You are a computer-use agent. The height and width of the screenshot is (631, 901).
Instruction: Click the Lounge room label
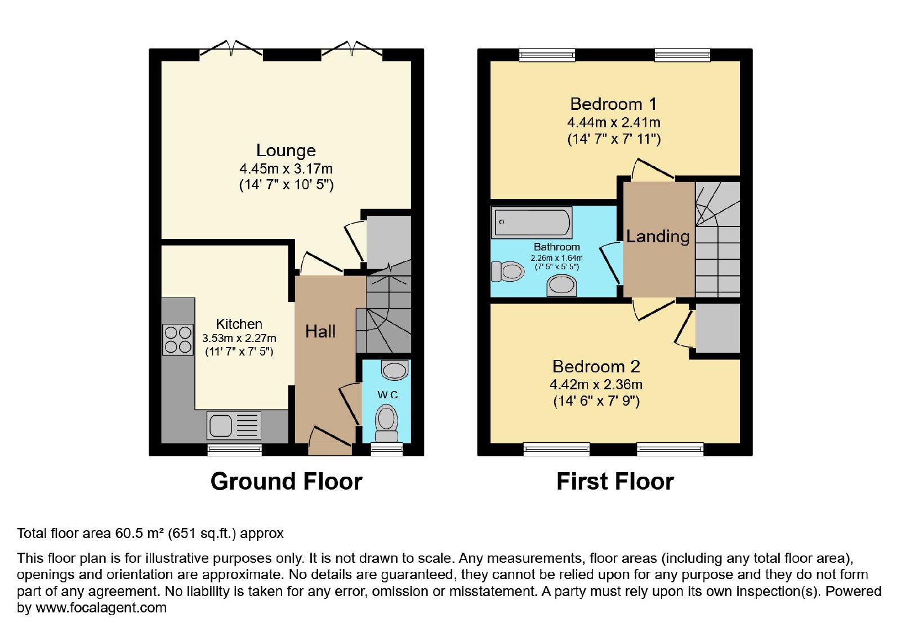(286, 150)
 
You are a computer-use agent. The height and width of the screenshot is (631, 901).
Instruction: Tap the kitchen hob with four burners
(178, 340)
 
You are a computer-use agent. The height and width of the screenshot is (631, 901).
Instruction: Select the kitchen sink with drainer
(234, 425)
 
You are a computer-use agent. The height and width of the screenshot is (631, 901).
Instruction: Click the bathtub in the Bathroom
(532, 222)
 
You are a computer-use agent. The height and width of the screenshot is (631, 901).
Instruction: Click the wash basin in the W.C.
(395, 370)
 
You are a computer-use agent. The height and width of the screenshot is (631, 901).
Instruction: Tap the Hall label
(320, 332)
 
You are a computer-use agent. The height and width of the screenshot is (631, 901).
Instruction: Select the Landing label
(658, 237)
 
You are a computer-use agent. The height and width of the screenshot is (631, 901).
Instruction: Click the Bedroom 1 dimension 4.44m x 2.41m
(614, 122)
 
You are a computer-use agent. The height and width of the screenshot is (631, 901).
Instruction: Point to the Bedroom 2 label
(596, 367)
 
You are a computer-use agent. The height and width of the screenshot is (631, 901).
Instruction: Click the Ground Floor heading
(287, 481)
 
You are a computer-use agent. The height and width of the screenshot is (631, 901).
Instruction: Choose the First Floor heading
(615, 481)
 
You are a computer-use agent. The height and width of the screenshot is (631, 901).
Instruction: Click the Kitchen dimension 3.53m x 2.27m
(239, 339)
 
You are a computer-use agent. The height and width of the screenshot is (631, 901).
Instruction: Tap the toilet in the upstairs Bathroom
(507, 271)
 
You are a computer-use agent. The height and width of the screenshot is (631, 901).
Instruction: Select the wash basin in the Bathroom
(561, 285)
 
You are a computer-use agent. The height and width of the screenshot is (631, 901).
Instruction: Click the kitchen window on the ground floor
(234, 450)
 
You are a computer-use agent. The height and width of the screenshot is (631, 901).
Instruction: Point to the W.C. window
(386, 449)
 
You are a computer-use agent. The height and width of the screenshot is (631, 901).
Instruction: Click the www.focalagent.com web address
(101, 607)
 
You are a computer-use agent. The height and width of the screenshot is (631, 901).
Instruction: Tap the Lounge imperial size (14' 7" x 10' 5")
(287, 185)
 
